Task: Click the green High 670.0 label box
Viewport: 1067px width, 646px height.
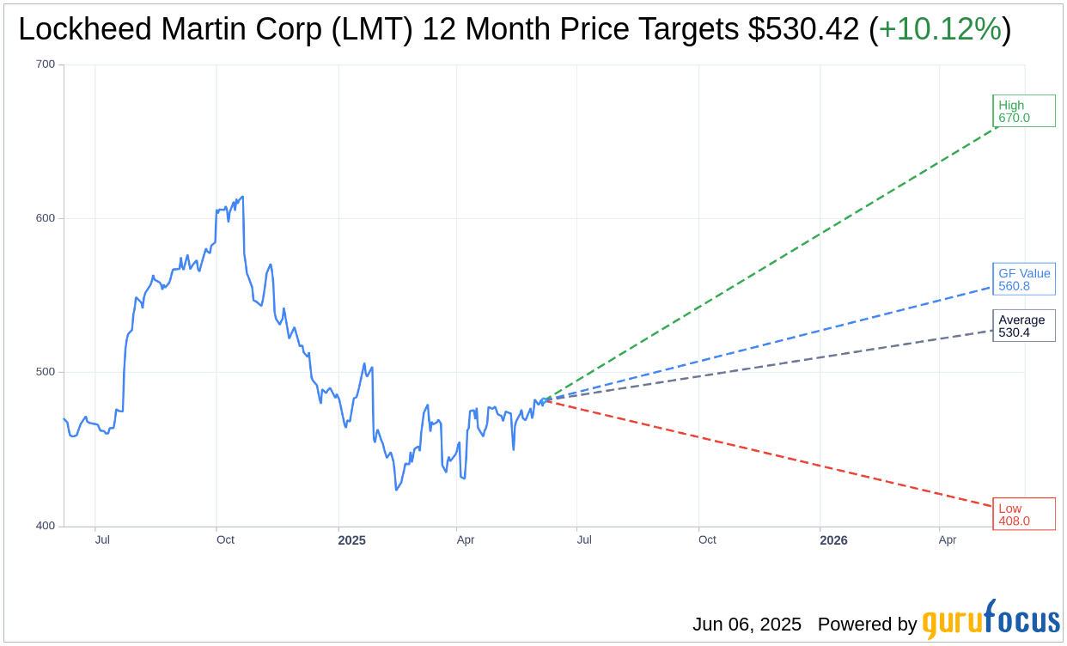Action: pyautogui.click(x=1023, y=111)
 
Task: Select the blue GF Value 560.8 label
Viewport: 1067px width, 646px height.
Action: pyautogui.click(x=1023, y=279)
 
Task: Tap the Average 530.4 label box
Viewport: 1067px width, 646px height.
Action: pyautogui.click(x=1023, y=326)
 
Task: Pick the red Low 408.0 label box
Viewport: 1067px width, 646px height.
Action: pyautogui.click(x=1023, y=514)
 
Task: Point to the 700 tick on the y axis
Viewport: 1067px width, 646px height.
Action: pyautogui.click(x=46, y=64)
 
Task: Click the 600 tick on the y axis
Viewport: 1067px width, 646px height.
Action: pyautogui.click(x=46, y=218)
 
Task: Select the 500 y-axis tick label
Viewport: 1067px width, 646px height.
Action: pyautogui.click(x=46, y=372)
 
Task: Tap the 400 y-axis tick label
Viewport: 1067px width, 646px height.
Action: pyautogui.click(x=46, y=526)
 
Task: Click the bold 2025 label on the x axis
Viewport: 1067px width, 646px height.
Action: pyautogui.click(x=351, y=540)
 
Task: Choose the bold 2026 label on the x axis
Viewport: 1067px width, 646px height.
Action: pyautogui.click(x=833, y=540)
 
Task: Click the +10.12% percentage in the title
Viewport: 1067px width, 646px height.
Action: pyautogui.click(x=940, y=30)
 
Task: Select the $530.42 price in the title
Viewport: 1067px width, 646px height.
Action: pyautogui.click(x=803, y=30)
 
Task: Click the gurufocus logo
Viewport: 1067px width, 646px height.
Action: pyautogui.click(x=991, y=620)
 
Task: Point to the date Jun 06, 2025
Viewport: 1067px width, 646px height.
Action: pyautogui.click(x=747, y=625)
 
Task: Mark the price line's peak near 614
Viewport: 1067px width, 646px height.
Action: pyautogui.click(x=243, y=197)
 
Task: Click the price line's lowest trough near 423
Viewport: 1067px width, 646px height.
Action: pyautogui.click(x=396, y=490)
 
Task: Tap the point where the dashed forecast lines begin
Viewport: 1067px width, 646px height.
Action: pyautogui.click(x=543, y=400)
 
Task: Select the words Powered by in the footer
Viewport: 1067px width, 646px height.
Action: pyautogui.click(x=867, y=625)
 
